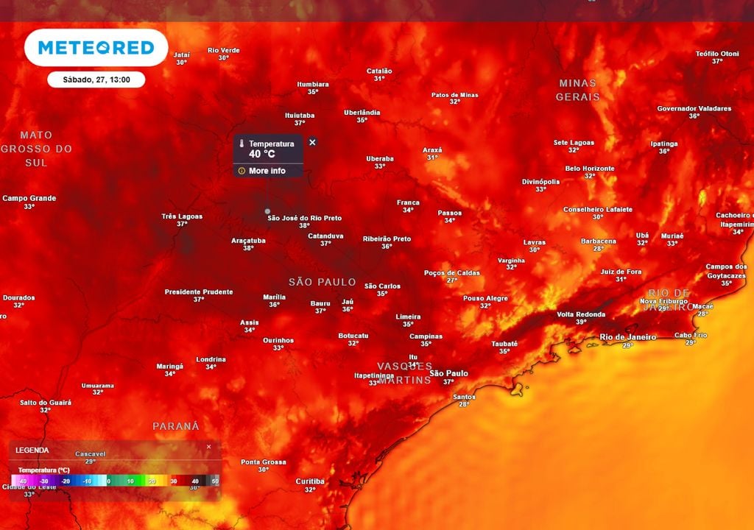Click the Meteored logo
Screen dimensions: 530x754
[x=96, y=48]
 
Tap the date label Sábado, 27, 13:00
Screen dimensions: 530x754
[x=96, y=79]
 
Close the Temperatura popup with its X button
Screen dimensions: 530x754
[x=312, y=142]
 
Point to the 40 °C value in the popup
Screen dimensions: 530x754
[x=261, y=154]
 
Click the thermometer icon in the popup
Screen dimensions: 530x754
[x=241, y=144]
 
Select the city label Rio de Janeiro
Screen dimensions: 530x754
[x=627, y=337]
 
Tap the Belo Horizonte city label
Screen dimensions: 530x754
[x=589, y=169]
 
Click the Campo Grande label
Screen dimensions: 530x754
[x=29, y=198]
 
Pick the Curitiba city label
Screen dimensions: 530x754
[x=309, y=481]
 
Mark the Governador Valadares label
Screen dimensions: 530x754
[x=694, y=108]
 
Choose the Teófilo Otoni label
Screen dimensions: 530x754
[x=716, y=54]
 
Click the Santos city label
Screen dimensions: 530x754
[x=464, y=397]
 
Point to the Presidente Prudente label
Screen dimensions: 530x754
[x=198, y=292]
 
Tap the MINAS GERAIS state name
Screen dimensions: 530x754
[x=577, y=90]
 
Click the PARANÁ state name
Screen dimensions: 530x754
[x=175, y=426]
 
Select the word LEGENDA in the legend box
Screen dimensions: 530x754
[x=32, y=450]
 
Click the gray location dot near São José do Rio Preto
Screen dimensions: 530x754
[x=267, y=211]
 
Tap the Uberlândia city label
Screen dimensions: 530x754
[x=362, y=113]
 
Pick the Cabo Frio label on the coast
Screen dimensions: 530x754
[x=690, y=335]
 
